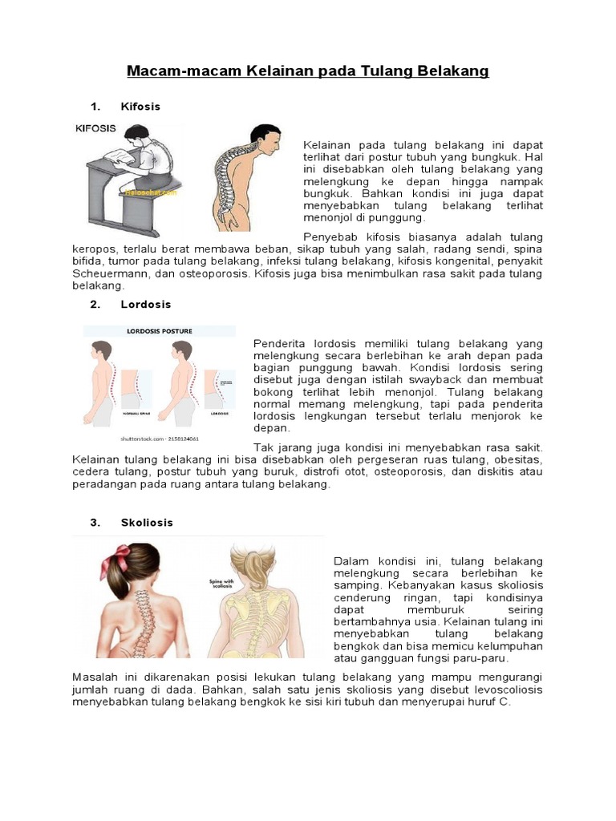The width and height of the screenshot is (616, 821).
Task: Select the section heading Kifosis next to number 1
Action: (140, 107)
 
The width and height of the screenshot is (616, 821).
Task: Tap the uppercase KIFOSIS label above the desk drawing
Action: (95, 127)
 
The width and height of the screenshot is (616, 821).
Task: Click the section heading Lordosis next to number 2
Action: (145, 305)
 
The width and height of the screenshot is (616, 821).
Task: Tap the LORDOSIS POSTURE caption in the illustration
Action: (159, 330)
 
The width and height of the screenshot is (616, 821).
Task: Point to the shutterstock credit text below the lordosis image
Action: (159, 439)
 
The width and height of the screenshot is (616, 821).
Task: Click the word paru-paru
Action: (479, 658)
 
